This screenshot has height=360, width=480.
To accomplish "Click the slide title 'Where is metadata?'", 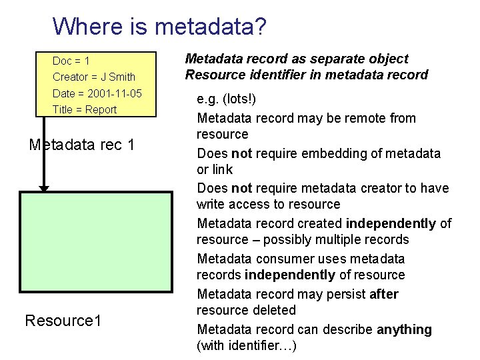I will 159,27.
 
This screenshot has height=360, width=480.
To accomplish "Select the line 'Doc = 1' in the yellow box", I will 71,61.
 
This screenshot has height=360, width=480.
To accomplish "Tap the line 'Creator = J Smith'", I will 94,77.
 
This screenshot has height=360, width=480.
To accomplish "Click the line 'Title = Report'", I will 85,109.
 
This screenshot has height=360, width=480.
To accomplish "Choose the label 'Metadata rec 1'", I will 82,144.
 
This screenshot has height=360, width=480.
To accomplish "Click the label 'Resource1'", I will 63,321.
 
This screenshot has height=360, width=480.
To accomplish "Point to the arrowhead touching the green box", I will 44,189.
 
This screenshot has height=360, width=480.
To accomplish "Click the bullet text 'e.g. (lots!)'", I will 227,99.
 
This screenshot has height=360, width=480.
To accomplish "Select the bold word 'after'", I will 384,294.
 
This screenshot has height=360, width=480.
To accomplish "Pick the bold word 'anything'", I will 404,329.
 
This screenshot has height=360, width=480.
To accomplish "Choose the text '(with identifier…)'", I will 247,345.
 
